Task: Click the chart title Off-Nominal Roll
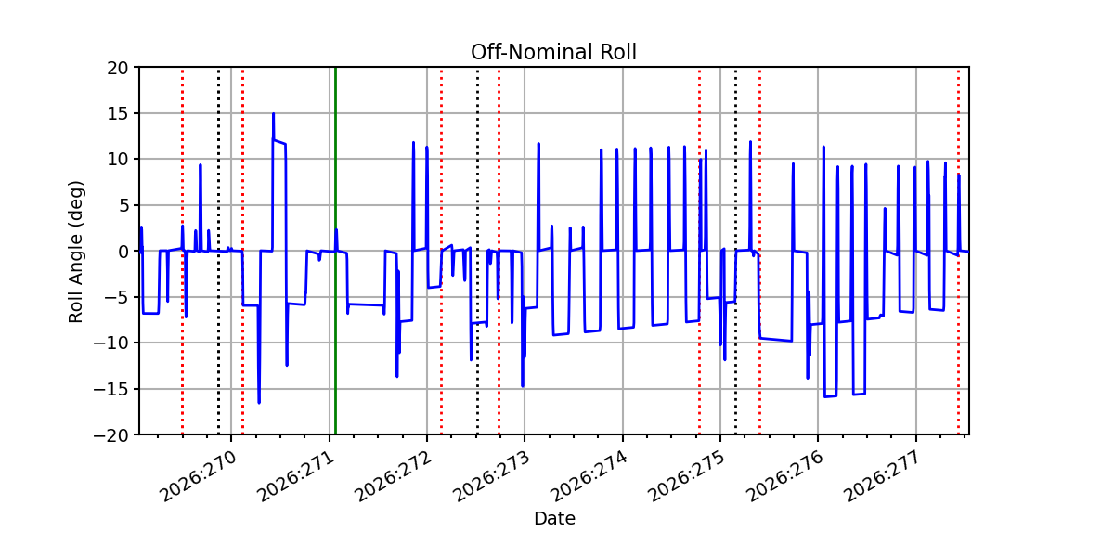tap(553, 52)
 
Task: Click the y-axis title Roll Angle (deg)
tap(75, 252)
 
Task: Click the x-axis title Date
tap(554, 519)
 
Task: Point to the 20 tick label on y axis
tap(117, 68)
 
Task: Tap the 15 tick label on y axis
tap(117, 114)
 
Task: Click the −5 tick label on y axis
tap(116, 298)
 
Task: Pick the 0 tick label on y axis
tap(123, 252)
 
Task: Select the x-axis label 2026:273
tap(492, 476)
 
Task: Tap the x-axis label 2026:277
tap(884, 476)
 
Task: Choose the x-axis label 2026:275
tap(688, 476)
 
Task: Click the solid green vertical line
tap(336, 251)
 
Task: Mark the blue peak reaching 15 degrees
tap(274, 114)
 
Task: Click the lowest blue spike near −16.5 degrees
tap(259, 402)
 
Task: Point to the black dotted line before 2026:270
tap(218, 251)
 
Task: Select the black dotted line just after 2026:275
tap(735, 251)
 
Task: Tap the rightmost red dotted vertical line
tap(958, 251)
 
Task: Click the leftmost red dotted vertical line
tap(183, 251)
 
